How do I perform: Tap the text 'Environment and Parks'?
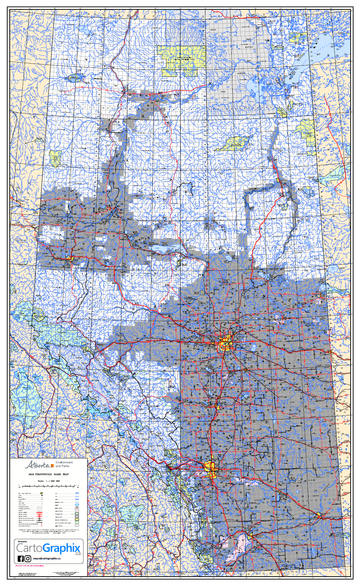click(64, 464)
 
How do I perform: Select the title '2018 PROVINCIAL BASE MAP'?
click(48, 474)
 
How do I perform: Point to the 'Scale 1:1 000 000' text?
click(48, 481)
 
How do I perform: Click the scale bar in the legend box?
click(48, 487)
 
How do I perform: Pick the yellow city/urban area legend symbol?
click(42, 493)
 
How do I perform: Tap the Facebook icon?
click(21, 559)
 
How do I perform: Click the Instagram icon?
click(28, 559)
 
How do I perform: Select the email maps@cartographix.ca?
click(47, 559)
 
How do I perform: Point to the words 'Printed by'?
click(22, 542)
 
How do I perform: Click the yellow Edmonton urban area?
click(226, 343)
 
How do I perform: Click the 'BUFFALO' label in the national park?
click(249, 47)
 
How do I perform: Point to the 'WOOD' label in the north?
click(213, 30)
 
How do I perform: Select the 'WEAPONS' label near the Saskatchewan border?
click(322, 269)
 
